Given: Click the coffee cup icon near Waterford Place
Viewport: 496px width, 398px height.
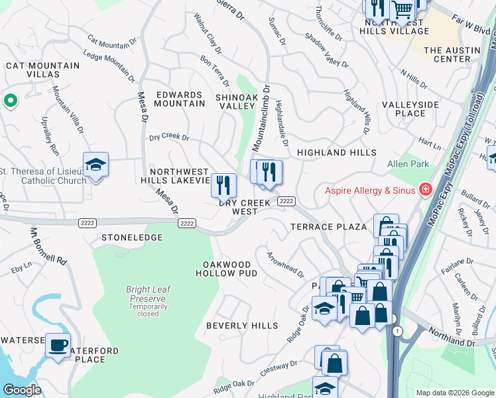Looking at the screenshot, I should point(58,346).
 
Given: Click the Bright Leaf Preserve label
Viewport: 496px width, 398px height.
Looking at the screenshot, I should point(148,290).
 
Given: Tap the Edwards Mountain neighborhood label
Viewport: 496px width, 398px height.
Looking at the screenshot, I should point(180,99).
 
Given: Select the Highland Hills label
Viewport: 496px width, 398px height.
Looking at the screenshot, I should point(336,153).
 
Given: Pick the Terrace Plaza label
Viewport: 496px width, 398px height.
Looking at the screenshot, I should point(329,227).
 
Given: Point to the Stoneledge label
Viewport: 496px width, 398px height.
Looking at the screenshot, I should point(132,236).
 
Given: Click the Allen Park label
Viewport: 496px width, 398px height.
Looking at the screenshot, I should point(408,164).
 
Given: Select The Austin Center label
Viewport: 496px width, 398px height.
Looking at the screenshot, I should point(452,54).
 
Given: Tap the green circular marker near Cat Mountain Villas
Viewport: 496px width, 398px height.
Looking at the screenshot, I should point(10,101).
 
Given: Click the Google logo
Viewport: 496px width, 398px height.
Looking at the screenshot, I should point(22,390).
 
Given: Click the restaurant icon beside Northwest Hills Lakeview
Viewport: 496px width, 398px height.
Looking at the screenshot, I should point(224,185).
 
